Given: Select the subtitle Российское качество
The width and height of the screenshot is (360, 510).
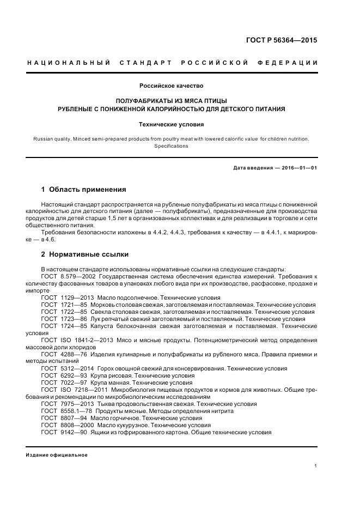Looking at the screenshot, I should click(x=171, y=86).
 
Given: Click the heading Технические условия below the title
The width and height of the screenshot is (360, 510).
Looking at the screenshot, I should click(x=171, y=124).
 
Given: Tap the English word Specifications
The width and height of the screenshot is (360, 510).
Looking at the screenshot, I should click(x=171, y=146).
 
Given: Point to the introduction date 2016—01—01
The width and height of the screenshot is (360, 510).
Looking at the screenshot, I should click(x=300, y=168).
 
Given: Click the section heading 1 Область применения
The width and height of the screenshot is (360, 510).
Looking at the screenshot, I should click(x=83, y=190).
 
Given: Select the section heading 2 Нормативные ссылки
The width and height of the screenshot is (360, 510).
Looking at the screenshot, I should click(x=85, y=254).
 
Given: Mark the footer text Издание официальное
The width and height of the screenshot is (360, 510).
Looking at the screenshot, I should click(x=57, y=455).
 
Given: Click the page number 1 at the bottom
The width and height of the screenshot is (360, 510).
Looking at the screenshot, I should click(x=316, y=466).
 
